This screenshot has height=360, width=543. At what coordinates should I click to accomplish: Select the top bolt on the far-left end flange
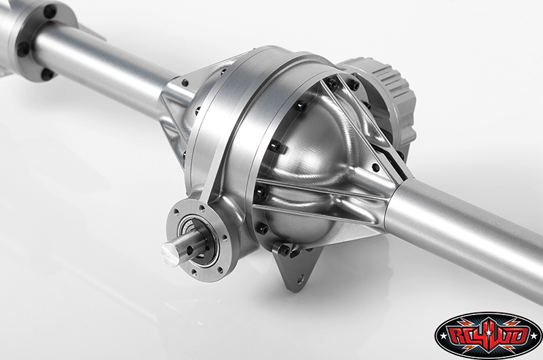50,12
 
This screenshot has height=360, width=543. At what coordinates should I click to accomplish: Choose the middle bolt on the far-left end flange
23,49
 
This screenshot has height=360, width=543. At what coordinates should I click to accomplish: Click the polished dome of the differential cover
312,163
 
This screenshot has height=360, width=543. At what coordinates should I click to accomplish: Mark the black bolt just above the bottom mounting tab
285,250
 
